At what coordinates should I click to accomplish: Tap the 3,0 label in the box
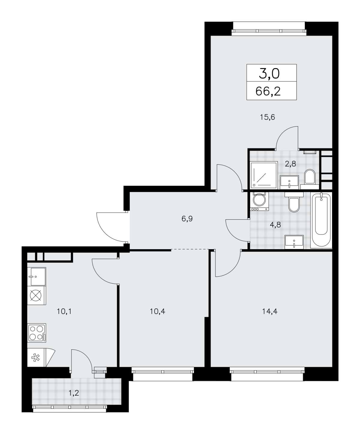(x=269, y=74)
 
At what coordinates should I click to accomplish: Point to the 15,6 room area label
(x=267, y=117)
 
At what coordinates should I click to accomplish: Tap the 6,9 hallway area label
(x=187, y=219)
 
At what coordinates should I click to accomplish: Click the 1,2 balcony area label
(x=74, y=393)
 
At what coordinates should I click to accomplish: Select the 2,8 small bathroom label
(x=290, y=164)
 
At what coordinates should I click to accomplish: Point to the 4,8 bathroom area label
(x=275, y=225)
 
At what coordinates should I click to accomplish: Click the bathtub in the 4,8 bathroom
(x=321, y=220)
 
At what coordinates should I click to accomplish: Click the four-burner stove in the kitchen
(x=37, y=333)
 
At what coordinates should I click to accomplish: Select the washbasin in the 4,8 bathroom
(x=294, y=242)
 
